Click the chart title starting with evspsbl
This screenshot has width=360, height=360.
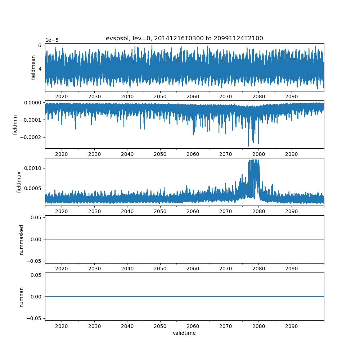coord(184,38)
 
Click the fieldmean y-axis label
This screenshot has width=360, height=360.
coord(33,67)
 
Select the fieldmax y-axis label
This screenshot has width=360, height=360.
coord(19,182)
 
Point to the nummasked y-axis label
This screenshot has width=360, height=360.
coord(22,239)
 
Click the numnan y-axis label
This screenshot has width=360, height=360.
coord(22,297)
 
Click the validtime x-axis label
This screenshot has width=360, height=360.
coord(184,333)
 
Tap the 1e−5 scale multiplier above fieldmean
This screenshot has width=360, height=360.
coord(52,40)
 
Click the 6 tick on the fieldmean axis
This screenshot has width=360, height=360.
coord(40,45)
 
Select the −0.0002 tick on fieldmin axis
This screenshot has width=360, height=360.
coord(31,137)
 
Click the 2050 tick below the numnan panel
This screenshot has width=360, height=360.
coord(160,326)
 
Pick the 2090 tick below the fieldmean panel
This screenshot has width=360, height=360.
coord(292,96)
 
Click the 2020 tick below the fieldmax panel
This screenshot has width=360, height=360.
coord(62,211)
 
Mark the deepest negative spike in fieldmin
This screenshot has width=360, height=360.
coord(248,146)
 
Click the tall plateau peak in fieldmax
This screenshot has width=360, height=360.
coord(253,161)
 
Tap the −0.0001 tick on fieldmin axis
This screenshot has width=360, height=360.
coord(31,120)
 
